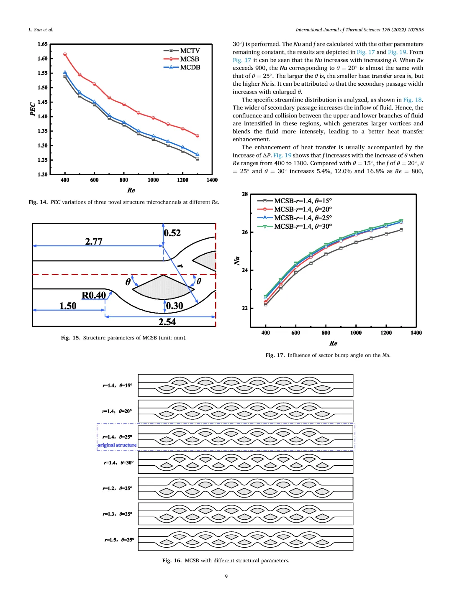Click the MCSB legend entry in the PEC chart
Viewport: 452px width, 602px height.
pos(189,59)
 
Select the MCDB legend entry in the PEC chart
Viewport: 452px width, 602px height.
pos(190,67)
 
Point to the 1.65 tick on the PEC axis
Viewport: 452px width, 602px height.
pos(42,44)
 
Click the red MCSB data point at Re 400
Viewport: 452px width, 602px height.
pos(65,54)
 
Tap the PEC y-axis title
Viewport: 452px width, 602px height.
pos(33,109)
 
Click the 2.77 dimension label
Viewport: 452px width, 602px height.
pos(94,241)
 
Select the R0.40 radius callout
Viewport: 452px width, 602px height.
pos(94,295)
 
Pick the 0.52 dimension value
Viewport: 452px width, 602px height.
pos(172,233)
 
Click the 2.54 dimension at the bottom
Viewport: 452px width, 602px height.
pos(167,322)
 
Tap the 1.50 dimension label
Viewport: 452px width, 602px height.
pos(68,306)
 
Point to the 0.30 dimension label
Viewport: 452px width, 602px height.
pos(175,306)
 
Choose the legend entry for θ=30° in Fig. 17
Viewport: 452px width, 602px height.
pos(303,226)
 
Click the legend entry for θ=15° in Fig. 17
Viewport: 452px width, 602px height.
pos(303,201)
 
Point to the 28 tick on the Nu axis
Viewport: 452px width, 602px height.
pos(245,194)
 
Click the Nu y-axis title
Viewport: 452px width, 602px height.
pos(237,260)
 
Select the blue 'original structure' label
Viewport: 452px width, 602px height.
pos(117,445)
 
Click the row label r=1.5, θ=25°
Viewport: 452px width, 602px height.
pos(119,540)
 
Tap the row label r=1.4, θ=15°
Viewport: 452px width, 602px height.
pos(118,385)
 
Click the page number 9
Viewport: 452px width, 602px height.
pos(226,576)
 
